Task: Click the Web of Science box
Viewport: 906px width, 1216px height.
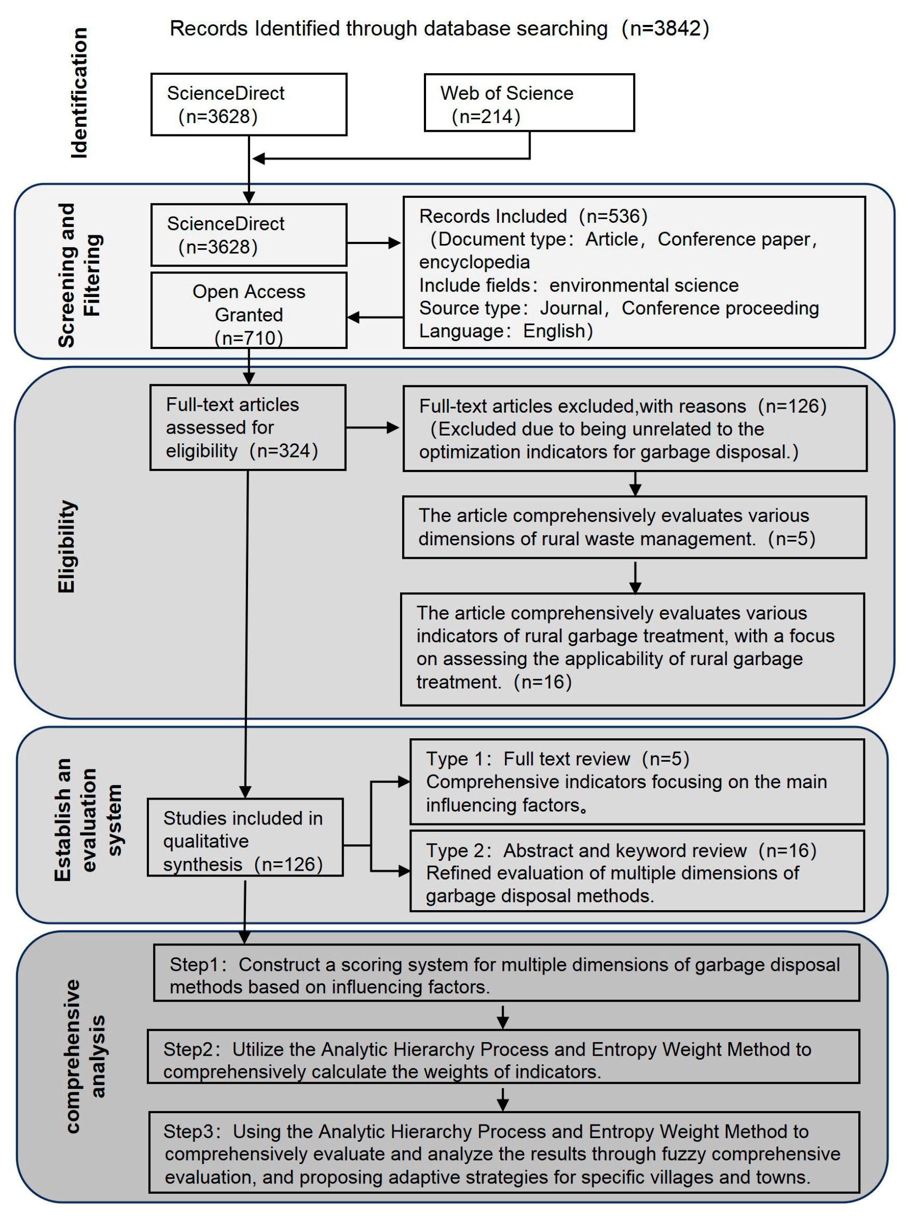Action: [x=529, y=103]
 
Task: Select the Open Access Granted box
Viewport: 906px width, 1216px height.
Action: [x=249, y=310]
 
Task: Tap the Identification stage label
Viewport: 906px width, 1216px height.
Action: [x=79, y=93]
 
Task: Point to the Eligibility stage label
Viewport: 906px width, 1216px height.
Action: [x=66, y=546]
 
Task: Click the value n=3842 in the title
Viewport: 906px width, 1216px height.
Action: [x=665, y=29]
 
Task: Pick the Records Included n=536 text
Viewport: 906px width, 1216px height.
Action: [x=533, y=216]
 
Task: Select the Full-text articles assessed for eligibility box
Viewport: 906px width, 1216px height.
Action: [x=248, y=427]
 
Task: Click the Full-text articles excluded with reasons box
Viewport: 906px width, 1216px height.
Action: [x=635, y=428]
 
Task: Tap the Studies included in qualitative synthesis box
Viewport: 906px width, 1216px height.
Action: [x=245, y=837]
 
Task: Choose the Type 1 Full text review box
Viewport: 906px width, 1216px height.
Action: [x=637, y=781]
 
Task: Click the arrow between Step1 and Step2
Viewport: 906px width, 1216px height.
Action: [x=502, y=1016]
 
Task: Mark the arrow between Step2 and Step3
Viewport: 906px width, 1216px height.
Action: [x=502, y=1100]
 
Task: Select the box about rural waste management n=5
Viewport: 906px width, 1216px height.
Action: [x=635, y=528]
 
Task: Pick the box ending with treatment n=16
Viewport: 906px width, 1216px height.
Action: [x=633, y=649]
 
